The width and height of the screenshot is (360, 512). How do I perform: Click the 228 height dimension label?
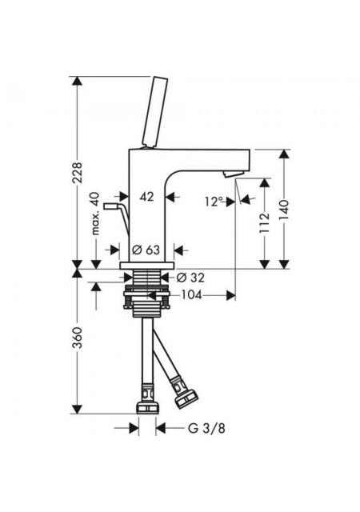click(77, 172)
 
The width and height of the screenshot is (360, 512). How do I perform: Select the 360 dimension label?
click(77, 338)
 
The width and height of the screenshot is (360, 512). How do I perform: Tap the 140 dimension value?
click(284, 210)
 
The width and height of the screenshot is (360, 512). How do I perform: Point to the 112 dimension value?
click(265, 222)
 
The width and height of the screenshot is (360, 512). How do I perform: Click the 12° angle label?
click(214, 202)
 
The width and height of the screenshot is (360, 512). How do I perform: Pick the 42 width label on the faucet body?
click(146, 197)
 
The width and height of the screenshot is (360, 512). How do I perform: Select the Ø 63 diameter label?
click(146, 250)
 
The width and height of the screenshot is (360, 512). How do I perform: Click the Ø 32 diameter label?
click(190, 278)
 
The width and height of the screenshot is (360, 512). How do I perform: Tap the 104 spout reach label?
click(191, 295)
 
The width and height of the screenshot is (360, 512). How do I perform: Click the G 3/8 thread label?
click(206, 428)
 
